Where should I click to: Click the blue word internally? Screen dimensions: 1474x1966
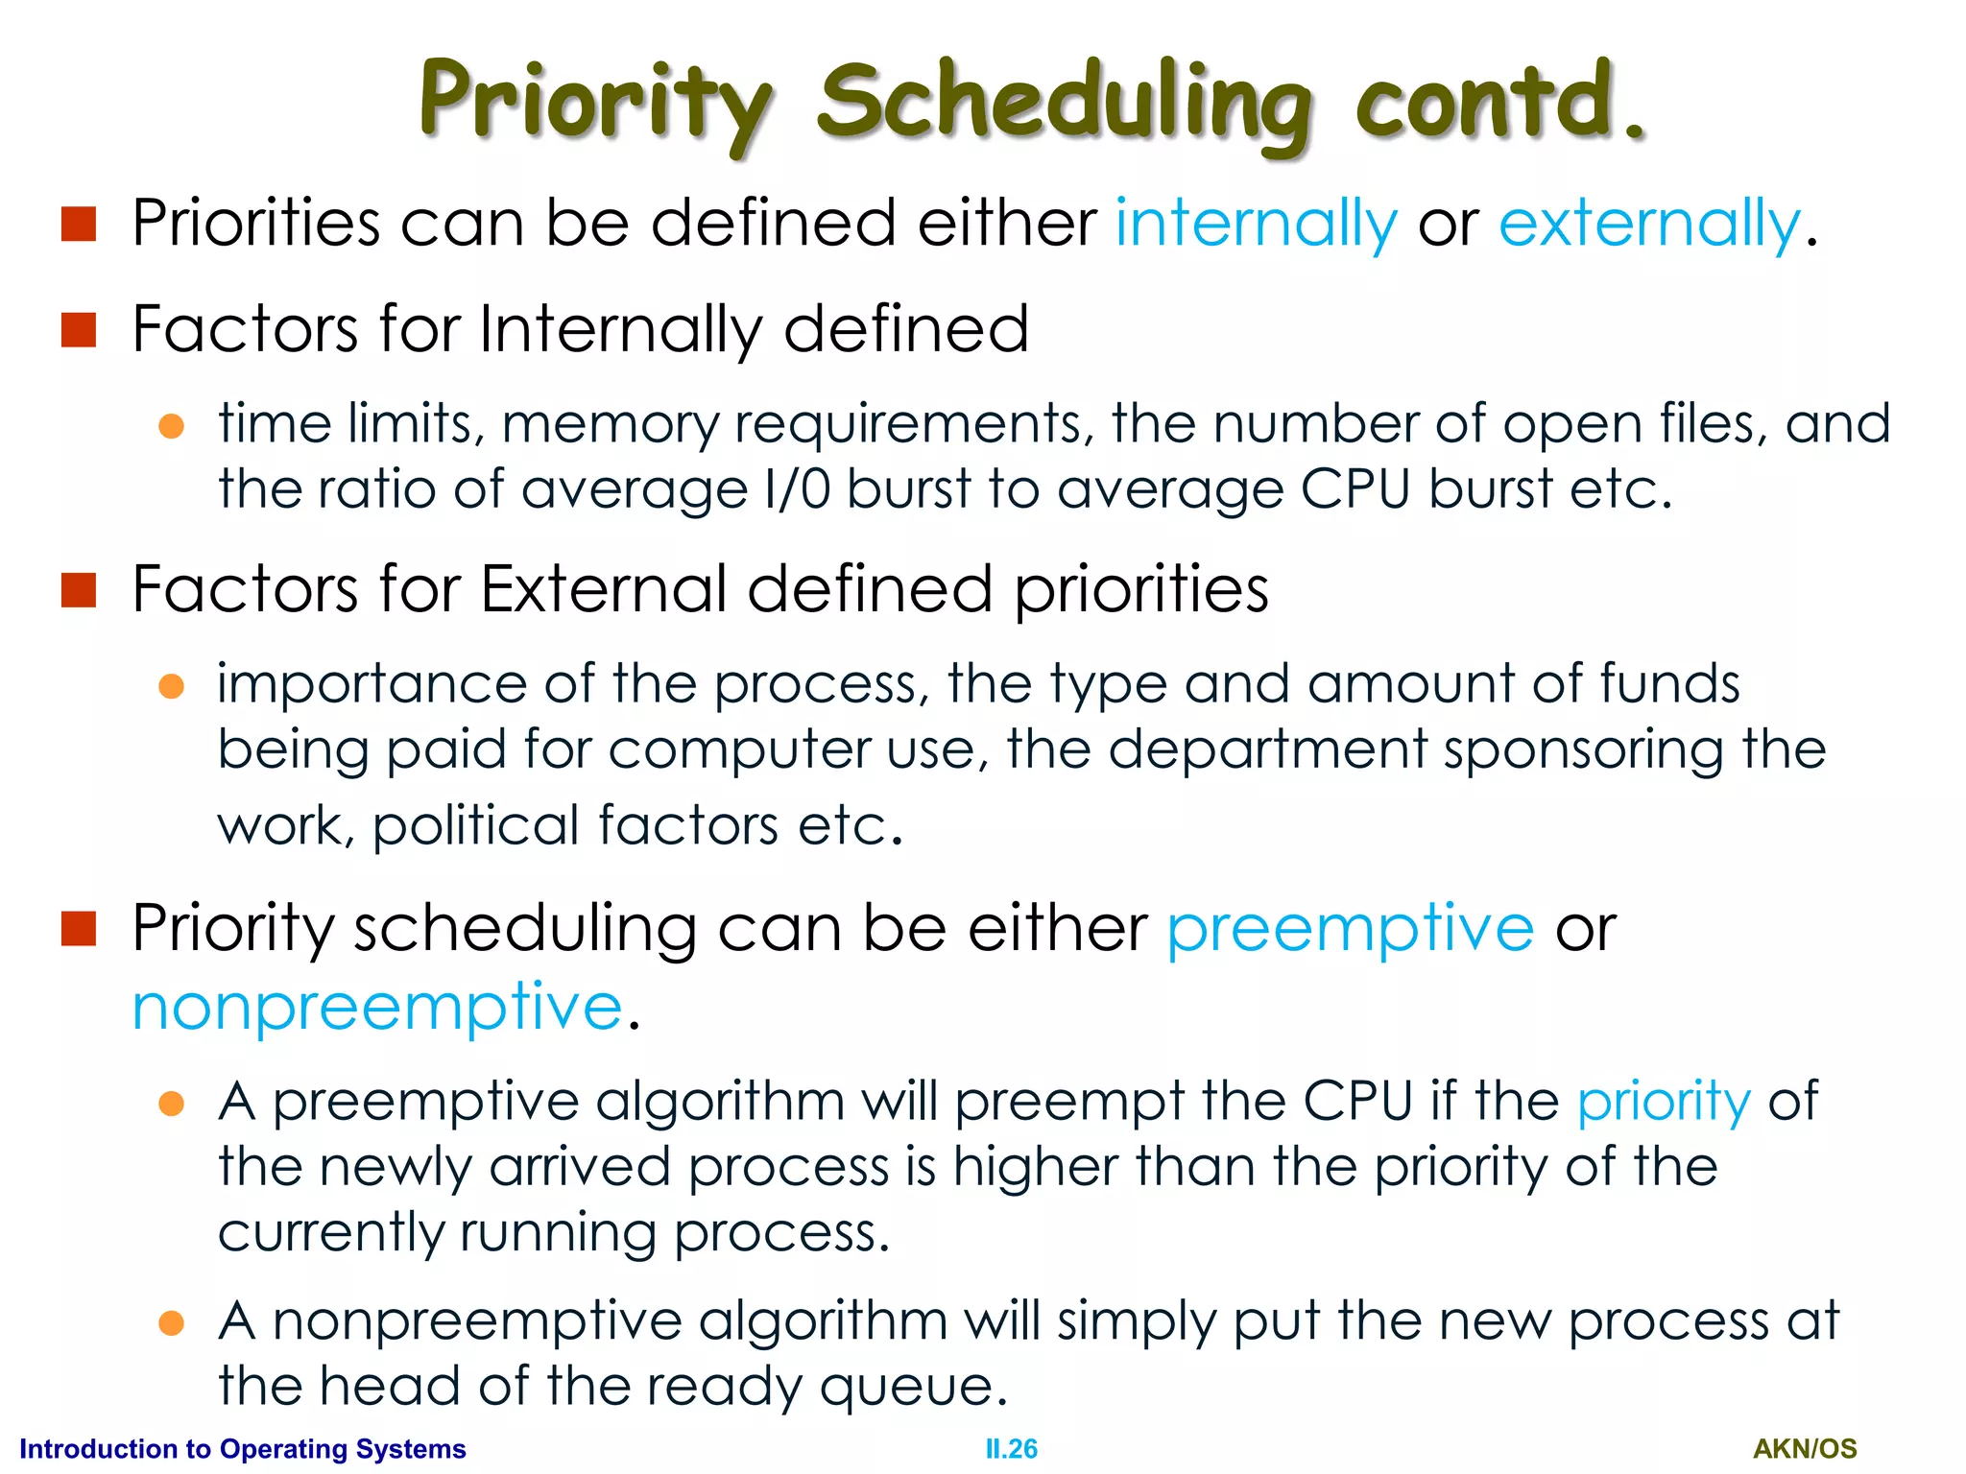(1256, 224)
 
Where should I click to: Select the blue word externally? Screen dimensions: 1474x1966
(1649, 224)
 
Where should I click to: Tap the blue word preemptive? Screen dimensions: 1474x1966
(1350, 929)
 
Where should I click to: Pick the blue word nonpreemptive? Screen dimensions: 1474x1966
(377, 1008)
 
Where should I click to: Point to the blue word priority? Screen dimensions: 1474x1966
(1664, 1102)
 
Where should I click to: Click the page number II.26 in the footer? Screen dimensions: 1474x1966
(1011, 1448)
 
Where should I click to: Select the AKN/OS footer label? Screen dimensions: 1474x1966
(1805, 1448)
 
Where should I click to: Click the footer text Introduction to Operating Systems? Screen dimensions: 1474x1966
(242, 1448)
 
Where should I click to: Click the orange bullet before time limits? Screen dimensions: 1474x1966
(171, 426)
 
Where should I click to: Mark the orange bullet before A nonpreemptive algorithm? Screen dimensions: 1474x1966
(171, 1323)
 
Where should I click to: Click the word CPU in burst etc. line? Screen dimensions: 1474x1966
(1355, 489)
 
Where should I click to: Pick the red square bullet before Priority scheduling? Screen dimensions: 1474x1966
(79, 928)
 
